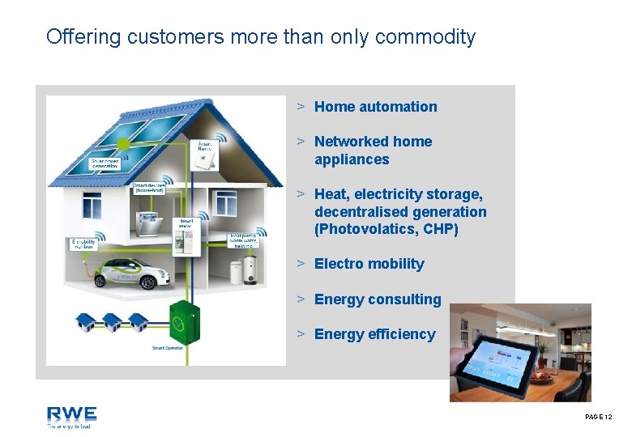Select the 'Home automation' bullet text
pyautogui.click(x=375, y=107)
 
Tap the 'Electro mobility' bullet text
pyautogui.click(x=369, y=264)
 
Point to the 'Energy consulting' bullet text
pyautogui.click(x=378, y=299)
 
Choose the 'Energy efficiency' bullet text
pyautogui.click(x=374, y=334)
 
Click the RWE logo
pyautogui.click(x=71, y=417)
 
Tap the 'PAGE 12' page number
pyautogui.click(x=598, y=417)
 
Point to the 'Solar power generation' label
pyautogui.click(x=111, y=163)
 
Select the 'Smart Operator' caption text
pyautogui.click(x=168, y=349)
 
